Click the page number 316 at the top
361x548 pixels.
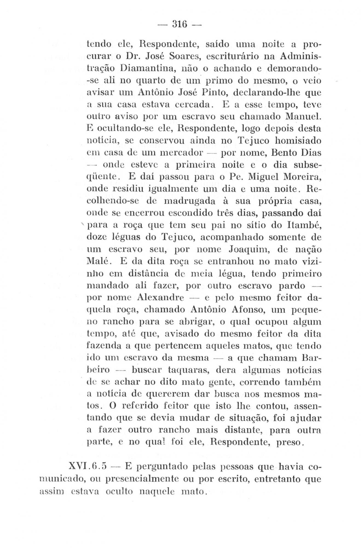tap(180, 25)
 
